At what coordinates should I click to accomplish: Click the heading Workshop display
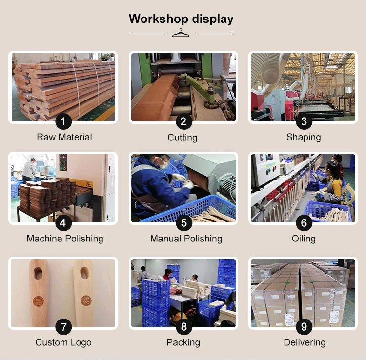[181, 19]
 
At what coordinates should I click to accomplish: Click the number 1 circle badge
[63, 121]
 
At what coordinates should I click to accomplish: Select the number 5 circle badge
[184, 223]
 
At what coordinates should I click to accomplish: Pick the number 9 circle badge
[304, 327]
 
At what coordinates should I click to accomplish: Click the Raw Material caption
[64, 137]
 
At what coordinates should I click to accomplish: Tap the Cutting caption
[183, 138]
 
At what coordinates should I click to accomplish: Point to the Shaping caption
[304, 137]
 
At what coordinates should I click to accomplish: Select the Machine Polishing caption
[65, 239]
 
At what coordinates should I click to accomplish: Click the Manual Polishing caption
[186, 239]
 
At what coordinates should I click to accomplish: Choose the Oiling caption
[304, 239]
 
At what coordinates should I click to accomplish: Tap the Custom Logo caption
[63, 342]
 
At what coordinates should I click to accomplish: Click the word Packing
[183, 342]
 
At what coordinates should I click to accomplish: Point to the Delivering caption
[305, 342]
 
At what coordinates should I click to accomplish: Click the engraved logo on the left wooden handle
[39, 301]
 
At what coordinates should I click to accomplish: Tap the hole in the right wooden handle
[84, 273]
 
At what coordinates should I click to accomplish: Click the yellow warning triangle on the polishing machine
[88, 184]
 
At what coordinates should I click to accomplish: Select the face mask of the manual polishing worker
[164, 164]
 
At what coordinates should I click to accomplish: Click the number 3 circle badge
[304, 121]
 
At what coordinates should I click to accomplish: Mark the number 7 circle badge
[63, 327]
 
